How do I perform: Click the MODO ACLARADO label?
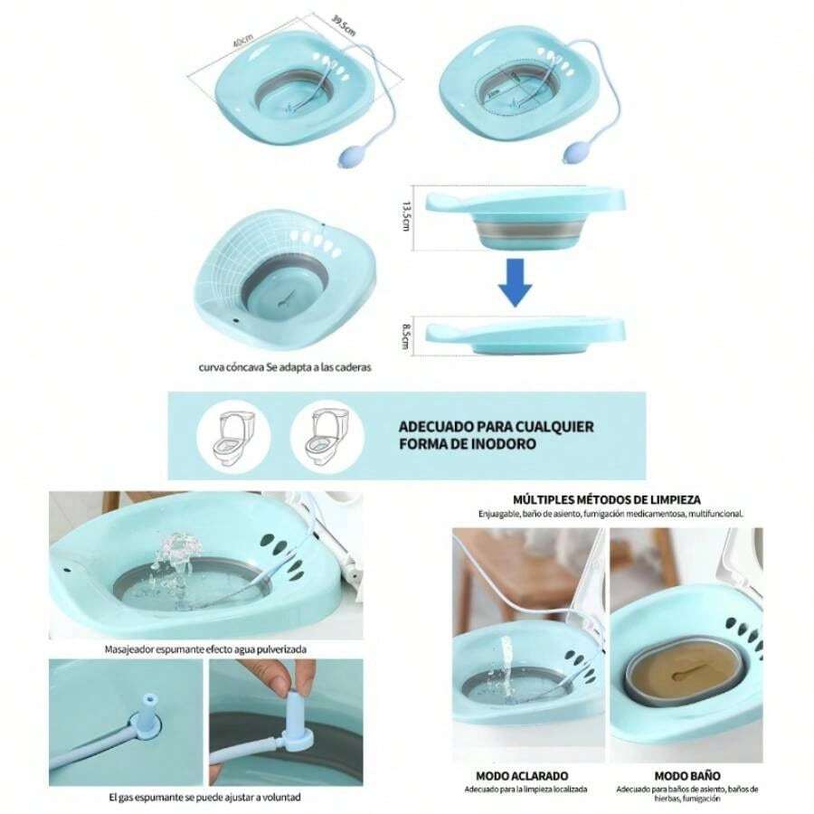[x=522, y=775]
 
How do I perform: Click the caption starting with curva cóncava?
[x=285, y=368]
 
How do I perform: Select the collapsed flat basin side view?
[x=525, y=332]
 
